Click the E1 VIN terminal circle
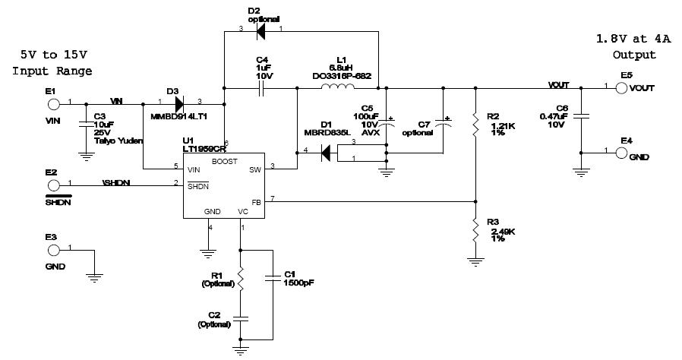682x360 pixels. [52, 103]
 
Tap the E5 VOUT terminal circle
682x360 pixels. [621, 87]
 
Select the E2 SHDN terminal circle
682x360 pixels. [52, 184]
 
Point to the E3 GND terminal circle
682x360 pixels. [52, 248]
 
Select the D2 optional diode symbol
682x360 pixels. [262, 30]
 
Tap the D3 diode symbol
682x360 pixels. [178, 103]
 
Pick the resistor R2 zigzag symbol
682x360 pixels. [475, 126]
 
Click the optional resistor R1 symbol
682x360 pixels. [241, 279]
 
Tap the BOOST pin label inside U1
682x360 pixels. [224, 161]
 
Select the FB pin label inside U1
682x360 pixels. [256, 202]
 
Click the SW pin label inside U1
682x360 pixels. [255, 171]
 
